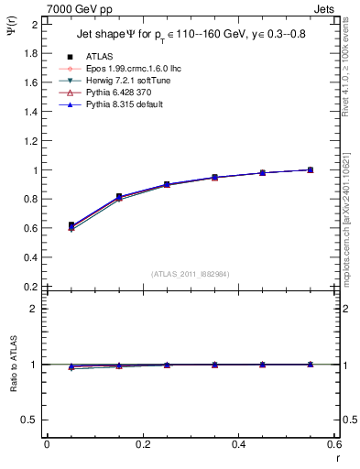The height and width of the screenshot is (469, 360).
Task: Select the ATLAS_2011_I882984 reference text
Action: click(191, 274)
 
